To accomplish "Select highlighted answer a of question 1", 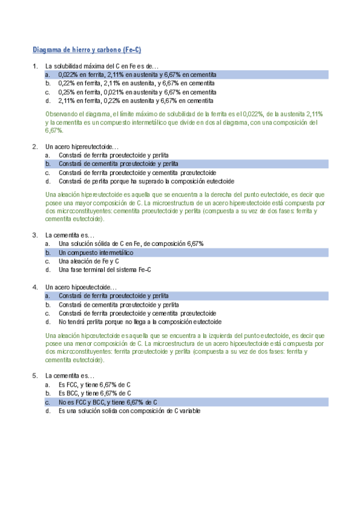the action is tap(137, 75).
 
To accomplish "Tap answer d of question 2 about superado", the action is tap(146, 181).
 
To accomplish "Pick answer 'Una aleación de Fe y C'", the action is tap(88, 262).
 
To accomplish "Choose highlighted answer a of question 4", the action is tap(113, 296).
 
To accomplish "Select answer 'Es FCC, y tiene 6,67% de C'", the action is tap(94, 384).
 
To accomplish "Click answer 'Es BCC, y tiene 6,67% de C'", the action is tap(94, 393).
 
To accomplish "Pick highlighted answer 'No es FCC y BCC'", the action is tap(108, 402).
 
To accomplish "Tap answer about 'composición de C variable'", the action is tap(129, 411).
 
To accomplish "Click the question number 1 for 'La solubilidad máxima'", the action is tap(34, 66).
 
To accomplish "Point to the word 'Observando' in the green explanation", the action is tap(62, 114).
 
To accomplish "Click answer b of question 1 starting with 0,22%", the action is tap(136, 84).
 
